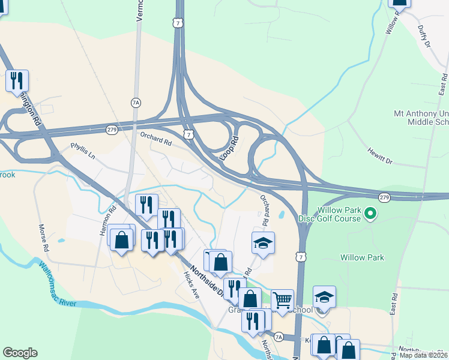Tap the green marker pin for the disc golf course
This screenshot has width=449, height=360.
[x=370, y=213]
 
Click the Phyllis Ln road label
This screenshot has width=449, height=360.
[x=83, y=150]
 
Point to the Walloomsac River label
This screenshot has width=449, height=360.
[x=58, y=284]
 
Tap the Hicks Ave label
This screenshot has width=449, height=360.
[x=191, y=283]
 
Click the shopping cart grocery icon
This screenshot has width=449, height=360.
[x=282, y=300]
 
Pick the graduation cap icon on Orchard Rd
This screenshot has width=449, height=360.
[x=263, y=243]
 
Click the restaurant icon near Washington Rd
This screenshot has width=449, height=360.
[x=17, y=80]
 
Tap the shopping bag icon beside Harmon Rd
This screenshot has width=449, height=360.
[x=122, y=240]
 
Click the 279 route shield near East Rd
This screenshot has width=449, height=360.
[x=385, y=197]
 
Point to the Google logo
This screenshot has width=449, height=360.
[x=20, y=353]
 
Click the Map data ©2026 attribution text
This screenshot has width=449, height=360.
[x=423, y=355]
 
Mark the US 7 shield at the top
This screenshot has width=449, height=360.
[x=176, y=22]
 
